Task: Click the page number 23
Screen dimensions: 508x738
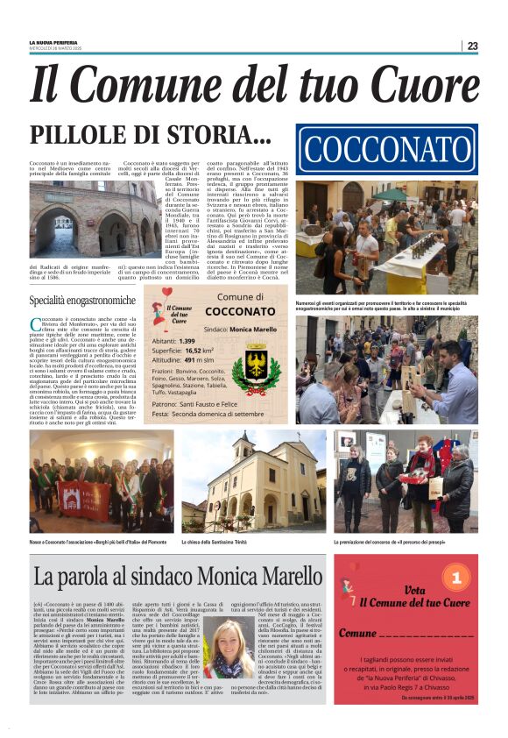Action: click(472, 46)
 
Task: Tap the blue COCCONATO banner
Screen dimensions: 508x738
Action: click(387, 151)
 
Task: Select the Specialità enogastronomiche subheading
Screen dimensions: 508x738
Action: click(82, 301)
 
